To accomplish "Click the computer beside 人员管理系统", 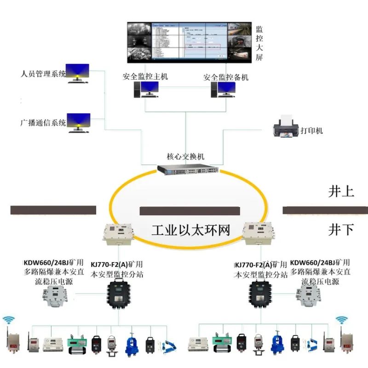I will (78, 73).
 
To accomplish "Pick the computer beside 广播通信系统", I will (79, 122).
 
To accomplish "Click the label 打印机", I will (312, 131).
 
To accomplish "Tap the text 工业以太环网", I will (191, 230).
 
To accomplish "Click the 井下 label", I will (341, 230).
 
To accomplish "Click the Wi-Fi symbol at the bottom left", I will (8, 320).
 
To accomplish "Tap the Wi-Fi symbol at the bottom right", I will (341, 320).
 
